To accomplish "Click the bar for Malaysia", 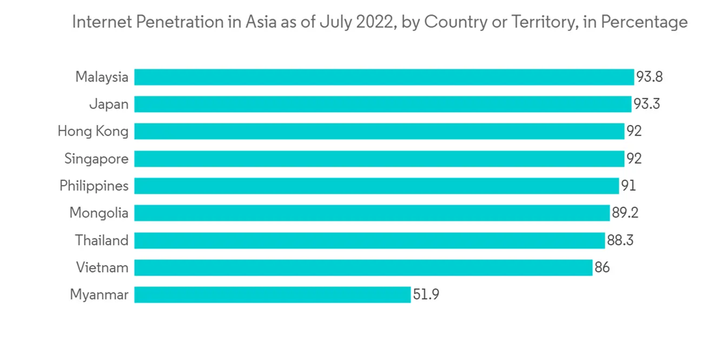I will coord(384,77).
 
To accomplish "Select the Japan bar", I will coord(383,104).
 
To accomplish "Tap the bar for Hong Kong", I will coord(379,131).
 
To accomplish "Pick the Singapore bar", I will coord(379,159).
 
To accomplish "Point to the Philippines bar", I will coord(376,186).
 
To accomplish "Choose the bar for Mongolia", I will coord(371,213).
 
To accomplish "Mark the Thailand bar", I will coord(369,240).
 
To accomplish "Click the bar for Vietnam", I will coord(363,267).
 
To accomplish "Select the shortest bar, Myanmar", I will coord(273,294).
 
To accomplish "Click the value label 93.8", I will coord(649,77).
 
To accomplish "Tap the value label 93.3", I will coord(646,104).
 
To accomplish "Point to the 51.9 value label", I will coord(426,294).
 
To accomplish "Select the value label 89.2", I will coord(625,213).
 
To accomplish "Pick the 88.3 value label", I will coord(620,240).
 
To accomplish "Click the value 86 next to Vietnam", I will coord(602,267).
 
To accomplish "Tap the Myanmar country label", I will coord(99,294).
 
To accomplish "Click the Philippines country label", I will coord(94,186).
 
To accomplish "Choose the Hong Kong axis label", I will coord(94,131).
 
